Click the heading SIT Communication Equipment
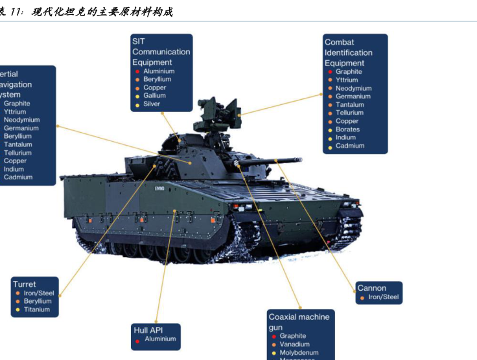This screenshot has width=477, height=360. tap(161, 52)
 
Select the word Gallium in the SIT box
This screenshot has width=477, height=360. tap(155, 96)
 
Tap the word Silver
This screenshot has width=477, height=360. tap(152, 104)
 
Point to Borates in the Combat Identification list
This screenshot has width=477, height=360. tap(347, 129)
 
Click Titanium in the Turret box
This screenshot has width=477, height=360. tap(37, 309)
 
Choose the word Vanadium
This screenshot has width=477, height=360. tap(294, 344)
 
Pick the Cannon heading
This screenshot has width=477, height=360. tap(371, 288)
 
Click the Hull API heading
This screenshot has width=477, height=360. tap(148, 330)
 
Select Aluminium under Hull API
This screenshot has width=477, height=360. tap(160, 339)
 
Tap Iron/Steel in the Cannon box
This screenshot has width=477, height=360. tap(384, 297)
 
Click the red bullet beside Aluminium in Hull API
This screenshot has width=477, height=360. tap(138, 339)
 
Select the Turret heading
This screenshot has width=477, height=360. tap(24, 284)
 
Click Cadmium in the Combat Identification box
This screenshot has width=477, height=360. tap(350, 146)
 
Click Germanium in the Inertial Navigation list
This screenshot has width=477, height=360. tap(21, 128)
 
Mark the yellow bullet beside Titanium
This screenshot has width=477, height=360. tap(18, 310)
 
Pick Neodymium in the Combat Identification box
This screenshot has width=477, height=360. tap(353, 88)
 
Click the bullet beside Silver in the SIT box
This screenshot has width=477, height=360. tap(137, 105)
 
